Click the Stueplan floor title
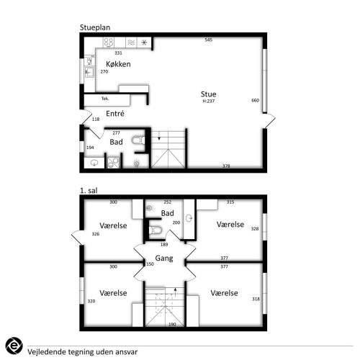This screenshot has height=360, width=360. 95,27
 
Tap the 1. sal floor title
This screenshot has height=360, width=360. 89,191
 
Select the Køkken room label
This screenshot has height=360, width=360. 118,64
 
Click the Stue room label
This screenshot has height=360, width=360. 208,94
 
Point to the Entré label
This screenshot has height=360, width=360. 115,114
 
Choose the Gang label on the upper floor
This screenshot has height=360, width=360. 164,258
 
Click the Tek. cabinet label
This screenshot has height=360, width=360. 105,99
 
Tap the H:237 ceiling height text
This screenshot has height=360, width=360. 209,101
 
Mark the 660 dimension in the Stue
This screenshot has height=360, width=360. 256,100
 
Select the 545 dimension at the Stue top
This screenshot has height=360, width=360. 209,40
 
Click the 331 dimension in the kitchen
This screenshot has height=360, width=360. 118,53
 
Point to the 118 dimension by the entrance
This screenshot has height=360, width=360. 96,119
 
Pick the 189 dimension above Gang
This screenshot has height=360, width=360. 164,245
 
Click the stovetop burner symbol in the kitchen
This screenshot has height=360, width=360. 109,42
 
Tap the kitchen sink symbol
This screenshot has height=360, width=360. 89,72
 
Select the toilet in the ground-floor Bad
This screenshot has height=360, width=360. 138,140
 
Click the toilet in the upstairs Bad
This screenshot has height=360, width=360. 156,230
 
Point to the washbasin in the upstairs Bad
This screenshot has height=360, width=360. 189,218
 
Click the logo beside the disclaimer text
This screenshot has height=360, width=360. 14,346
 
